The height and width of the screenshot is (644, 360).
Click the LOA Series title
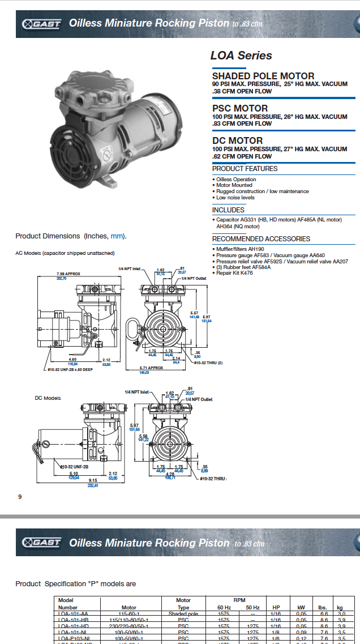coord(241,56)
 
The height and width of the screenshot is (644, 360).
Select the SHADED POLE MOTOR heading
coord(263,76)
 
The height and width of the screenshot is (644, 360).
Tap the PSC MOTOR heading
coord(240,108)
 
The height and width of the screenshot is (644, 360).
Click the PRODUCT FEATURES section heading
coord(245,169)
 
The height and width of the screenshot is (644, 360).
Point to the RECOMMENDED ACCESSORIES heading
coord(261,239)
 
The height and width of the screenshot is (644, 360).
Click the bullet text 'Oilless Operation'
coord(236,180)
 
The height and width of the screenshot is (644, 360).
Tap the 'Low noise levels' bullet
coord(235,198)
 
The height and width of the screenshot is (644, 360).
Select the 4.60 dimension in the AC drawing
coord(72,359)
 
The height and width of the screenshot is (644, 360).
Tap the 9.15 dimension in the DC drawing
coord(92,481)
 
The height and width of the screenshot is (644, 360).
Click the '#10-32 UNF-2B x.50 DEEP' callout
coord(70,369)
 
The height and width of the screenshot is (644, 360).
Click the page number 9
coord(20,497)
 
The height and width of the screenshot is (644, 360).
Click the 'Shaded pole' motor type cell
coord(183,613)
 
